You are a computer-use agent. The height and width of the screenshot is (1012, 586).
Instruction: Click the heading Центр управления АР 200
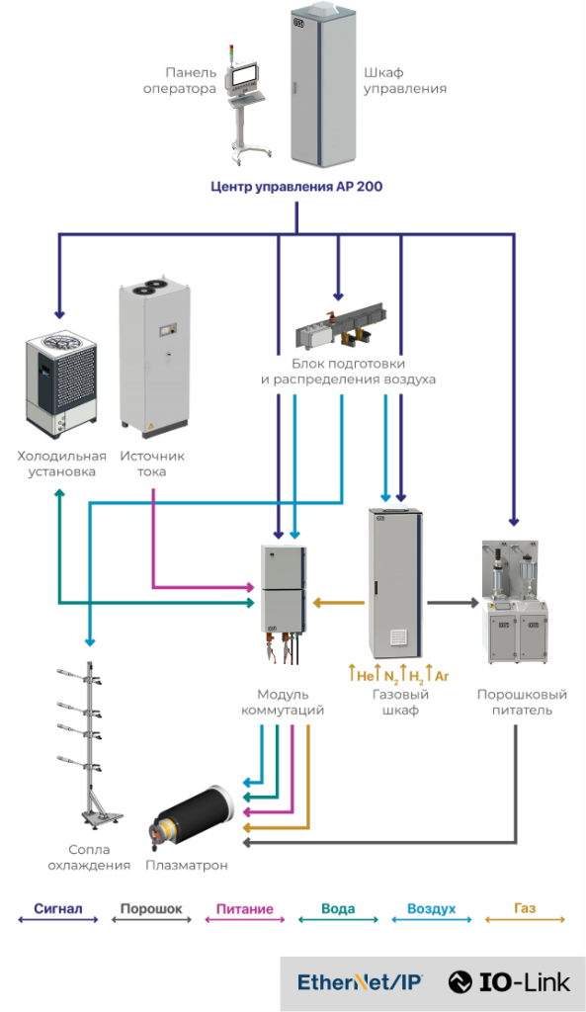point(296,187)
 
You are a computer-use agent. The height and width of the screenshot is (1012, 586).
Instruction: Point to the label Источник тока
point(151,464)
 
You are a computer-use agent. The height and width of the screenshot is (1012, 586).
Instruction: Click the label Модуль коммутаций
point(283,703)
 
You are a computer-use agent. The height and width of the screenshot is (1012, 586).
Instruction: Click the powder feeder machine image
point(515,602)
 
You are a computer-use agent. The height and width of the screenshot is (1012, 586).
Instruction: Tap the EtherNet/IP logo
point(360,982)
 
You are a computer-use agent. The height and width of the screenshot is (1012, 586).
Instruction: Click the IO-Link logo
point(510,982)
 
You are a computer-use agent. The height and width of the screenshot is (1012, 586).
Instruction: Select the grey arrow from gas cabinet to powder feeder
point(453,604)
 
